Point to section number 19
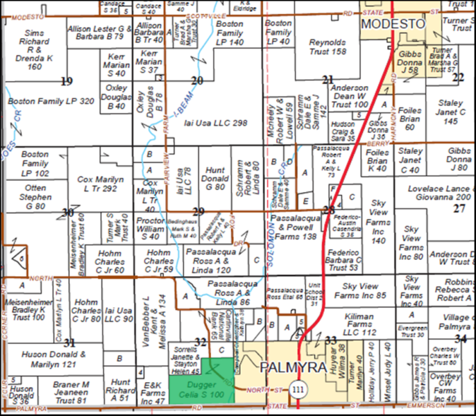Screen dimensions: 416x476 click(x=67, y=81)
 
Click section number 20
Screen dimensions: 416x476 click(x=197, y=81)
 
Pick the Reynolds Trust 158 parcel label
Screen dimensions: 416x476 click(x=328, y=46)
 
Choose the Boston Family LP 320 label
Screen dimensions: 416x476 click(x=51, y=102)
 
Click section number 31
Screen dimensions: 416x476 click(x=69, y=343)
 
